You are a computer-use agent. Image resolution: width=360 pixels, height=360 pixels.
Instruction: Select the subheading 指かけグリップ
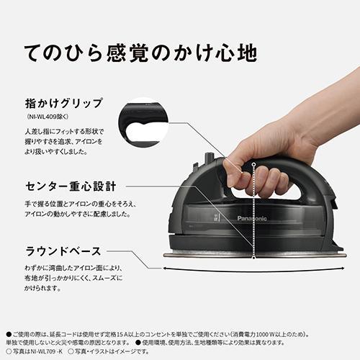point(64,102)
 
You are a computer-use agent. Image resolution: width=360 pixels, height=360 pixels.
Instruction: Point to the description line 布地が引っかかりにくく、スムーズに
point(72,278)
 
